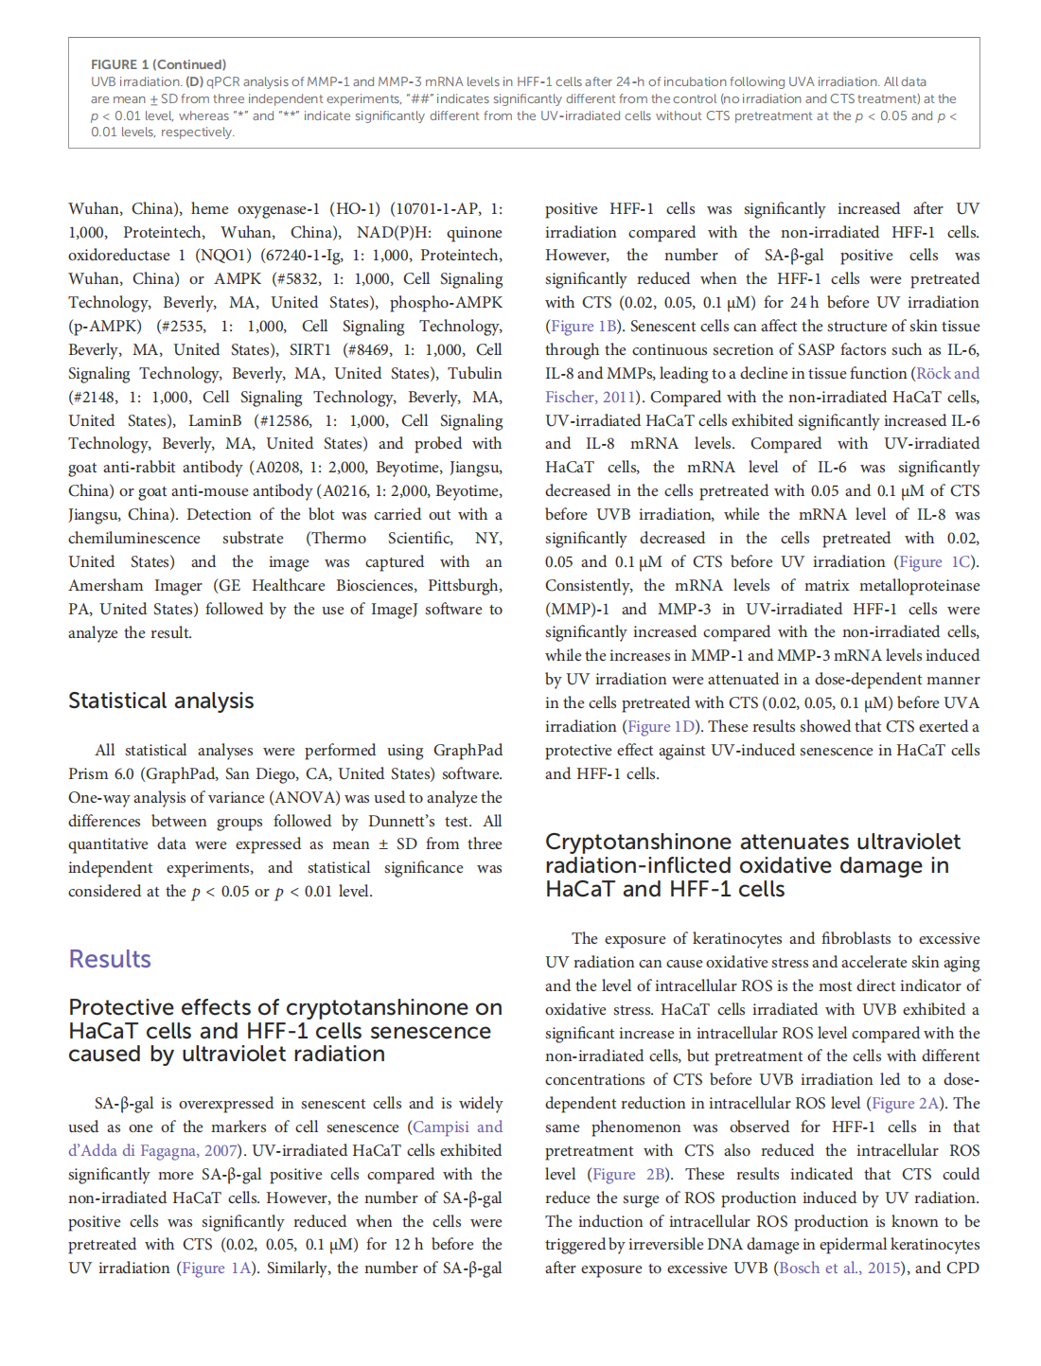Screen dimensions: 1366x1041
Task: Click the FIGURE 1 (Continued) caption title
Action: (x=158, y=64)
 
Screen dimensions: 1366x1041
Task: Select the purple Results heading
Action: (x=110, y=959)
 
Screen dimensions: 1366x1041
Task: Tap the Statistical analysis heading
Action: (x=161, y=701)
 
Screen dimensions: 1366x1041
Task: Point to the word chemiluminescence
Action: (x=134, y=538)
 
